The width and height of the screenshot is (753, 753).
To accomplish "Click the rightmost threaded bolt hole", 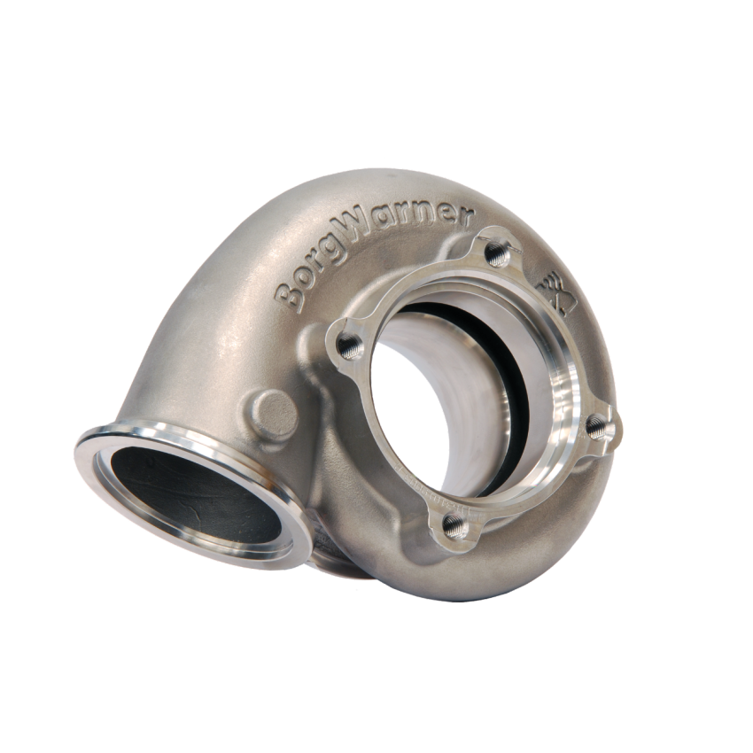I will [600, 428].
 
